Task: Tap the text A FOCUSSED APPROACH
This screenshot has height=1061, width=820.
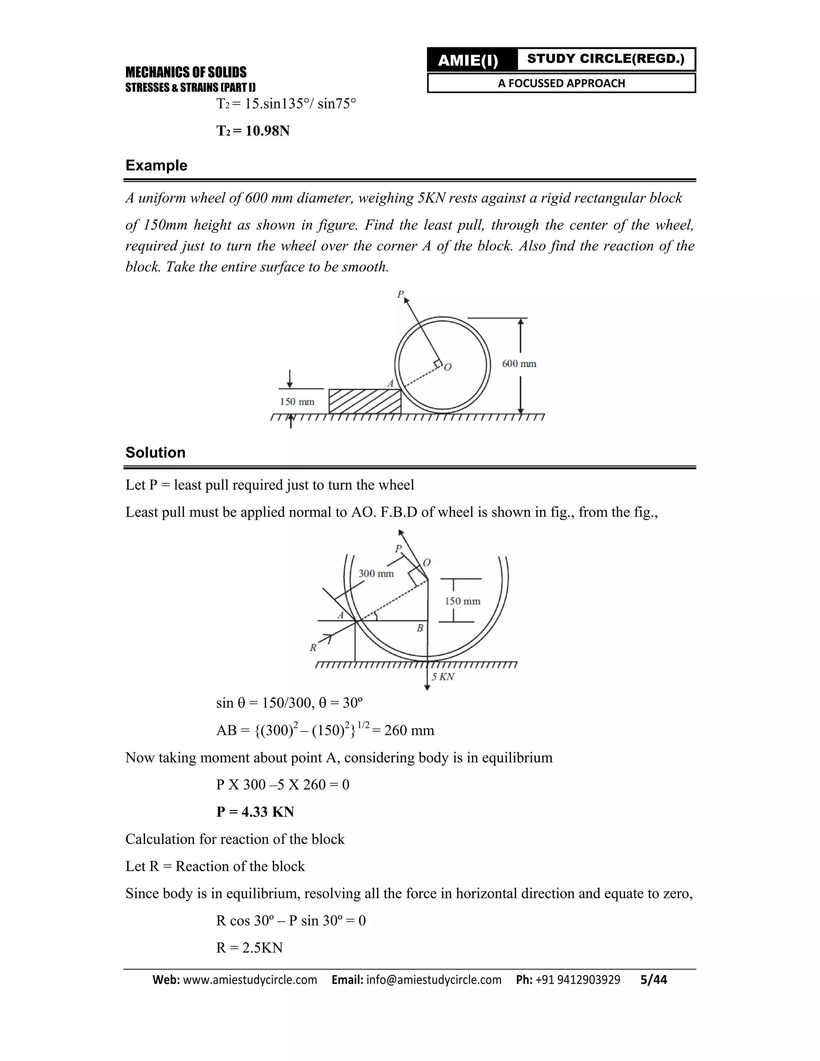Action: coord(561,83)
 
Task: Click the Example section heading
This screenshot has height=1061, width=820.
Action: coord(156,165)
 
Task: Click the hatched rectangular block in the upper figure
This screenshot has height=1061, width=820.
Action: coord(364,401)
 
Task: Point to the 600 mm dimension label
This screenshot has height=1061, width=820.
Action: coord(519,364)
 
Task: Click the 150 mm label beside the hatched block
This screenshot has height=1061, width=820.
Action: coord(297,402)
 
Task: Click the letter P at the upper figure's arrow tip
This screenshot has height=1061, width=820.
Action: coord(400,294)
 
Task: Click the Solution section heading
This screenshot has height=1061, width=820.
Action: coord(155,452)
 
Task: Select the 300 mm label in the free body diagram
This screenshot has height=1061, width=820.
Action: coord(376,574)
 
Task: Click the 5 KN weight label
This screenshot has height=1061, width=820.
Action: coord(443,677)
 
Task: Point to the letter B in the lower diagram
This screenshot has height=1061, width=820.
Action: coord(420,628)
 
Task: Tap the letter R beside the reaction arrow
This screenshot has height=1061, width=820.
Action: coord(314,647)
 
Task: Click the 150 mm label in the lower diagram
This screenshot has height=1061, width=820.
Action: coord(462,601)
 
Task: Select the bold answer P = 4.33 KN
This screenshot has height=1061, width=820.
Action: coord(255,812)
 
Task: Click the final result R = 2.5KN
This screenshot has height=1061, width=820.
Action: coord(249,948)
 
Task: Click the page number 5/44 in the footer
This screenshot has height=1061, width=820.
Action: coord(653,980)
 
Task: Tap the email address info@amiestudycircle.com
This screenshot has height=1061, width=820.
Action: coord(433,980)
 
